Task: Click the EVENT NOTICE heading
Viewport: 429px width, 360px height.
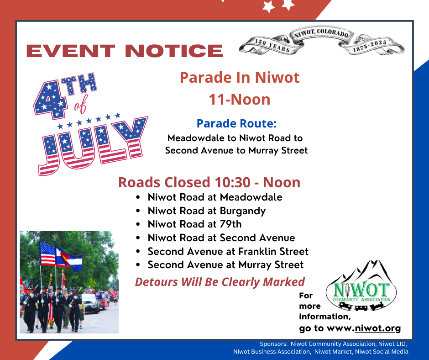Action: [125, 51]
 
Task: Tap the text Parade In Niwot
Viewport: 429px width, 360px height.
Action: [240, 78]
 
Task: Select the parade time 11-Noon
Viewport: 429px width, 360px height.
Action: [240, 99]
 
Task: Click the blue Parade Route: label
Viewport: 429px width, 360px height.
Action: [237, 123]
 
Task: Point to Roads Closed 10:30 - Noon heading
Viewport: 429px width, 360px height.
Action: [209, 182]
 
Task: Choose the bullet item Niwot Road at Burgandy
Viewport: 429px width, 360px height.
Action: [207, 211]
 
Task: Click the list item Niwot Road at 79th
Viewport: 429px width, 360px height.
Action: [194, 224]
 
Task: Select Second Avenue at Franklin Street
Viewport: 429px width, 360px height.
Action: [228, 251]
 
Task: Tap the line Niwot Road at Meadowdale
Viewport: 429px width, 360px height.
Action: [215, 197]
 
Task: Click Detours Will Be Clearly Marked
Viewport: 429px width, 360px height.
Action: [220, 282]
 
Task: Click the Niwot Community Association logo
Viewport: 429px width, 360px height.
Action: [361, 286]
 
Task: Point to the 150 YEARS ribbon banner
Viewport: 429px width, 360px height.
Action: [272, 46]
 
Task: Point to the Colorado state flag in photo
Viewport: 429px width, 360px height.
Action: [68, 257]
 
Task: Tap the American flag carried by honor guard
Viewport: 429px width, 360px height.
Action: [47, 254]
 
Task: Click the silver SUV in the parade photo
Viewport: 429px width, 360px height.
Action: [90, 303]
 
